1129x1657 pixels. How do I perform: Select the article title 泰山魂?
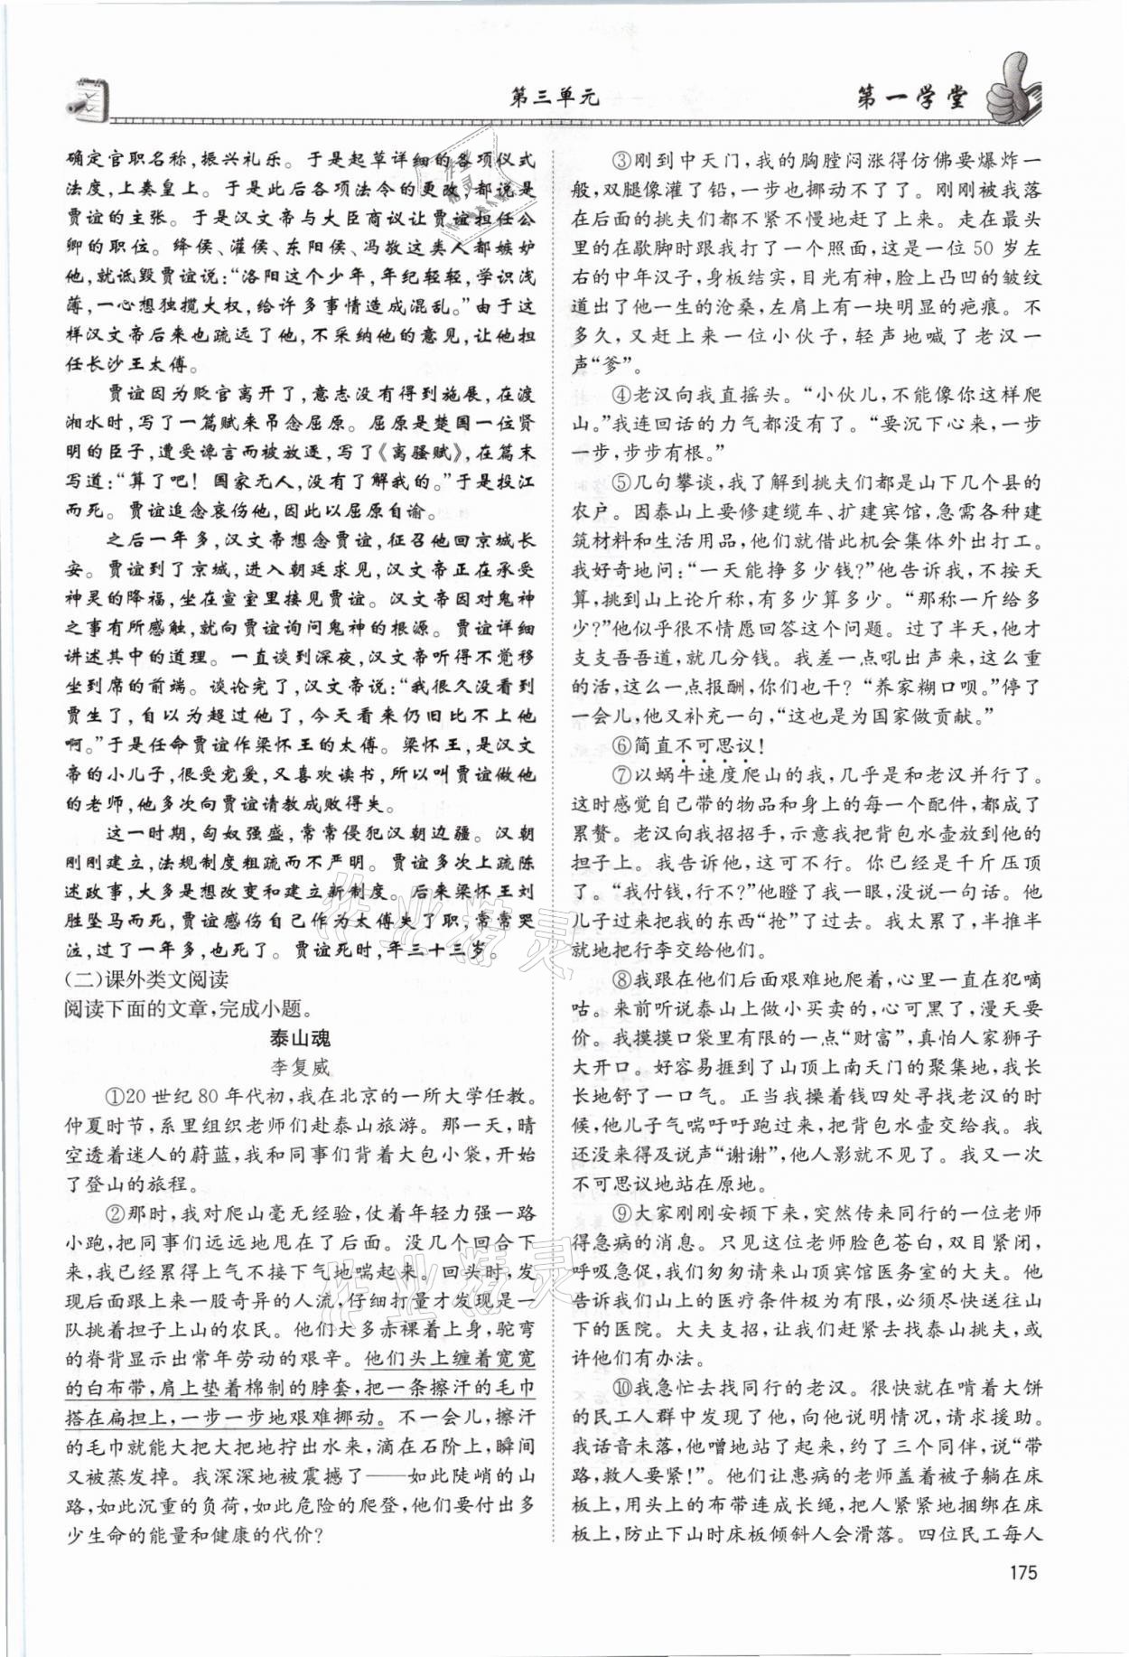pyautogui.click(x=301, y=1038)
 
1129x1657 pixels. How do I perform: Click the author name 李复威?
pyautogui.click(x=301, y=1067)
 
